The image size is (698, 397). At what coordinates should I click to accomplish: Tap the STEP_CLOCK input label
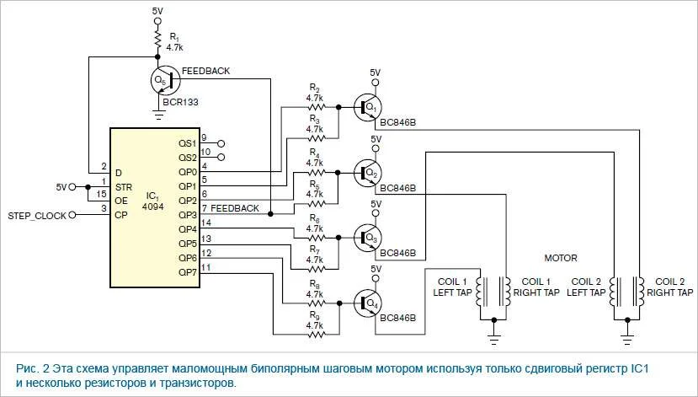coord(34,216)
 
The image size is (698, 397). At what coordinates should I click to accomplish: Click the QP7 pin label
coord(188,273)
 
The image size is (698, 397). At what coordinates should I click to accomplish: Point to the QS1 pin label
coord(188,143)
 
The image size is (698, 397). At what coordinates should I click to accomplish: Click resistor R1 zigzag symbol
coord(157,40)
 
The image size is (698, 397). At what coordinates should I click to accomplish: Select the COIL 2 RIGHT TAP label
coord(676,287)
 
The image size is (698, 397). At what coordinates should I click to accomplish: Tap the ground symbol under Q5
coord(157,110)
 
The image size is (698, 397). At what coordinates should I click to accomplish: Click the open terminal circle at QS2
coord(221,158)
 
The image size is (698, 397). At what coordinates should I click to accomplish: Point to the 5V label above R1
coord(157,11)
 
